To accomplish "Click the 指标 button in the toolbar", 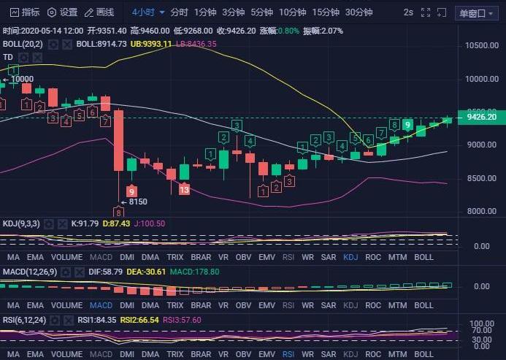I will [25, 12].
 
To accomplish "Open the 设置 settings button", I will [62, 12].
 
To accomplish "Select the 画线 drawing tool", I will [99, 12].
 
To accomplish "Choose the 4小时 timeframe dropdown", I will [148, 12].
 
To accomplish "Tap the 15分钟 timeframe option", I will [325, 12].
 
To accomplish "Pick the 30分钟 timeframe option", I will [359, 12].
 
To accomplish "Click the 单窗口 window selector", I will [475, 13].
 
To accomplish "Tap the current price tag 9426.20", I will [481, 117].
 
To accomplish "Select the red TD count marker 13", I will [184, 189].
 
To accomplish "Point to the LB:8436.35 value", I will [196, 44].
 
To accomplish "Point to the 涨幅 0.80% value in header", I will [280, 31].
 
